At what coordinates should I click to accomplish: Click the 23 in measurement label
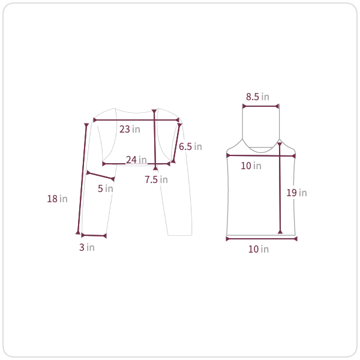(x=130, y=129)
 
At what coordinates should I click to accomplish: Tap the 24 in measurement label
(x=136, y=160)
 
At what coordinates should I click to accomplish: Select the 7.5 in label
(x=156, y=179)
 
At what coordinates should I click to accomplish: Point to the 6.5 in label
(x=190, y=147)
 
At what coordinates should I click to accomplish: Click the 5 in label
(x=106, y=188)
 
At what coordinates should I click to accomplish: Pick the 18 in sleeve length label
(x=57, y=199)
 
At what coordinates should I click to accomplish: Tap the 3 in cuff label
(x=87, y=247)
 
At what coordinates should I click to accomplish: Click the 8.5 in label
(x=257, y=97)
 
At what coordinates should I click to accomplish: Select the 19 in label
(x=296, y=193)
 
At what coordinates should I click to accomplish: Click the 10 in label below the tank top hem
(x=259, y=249)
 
